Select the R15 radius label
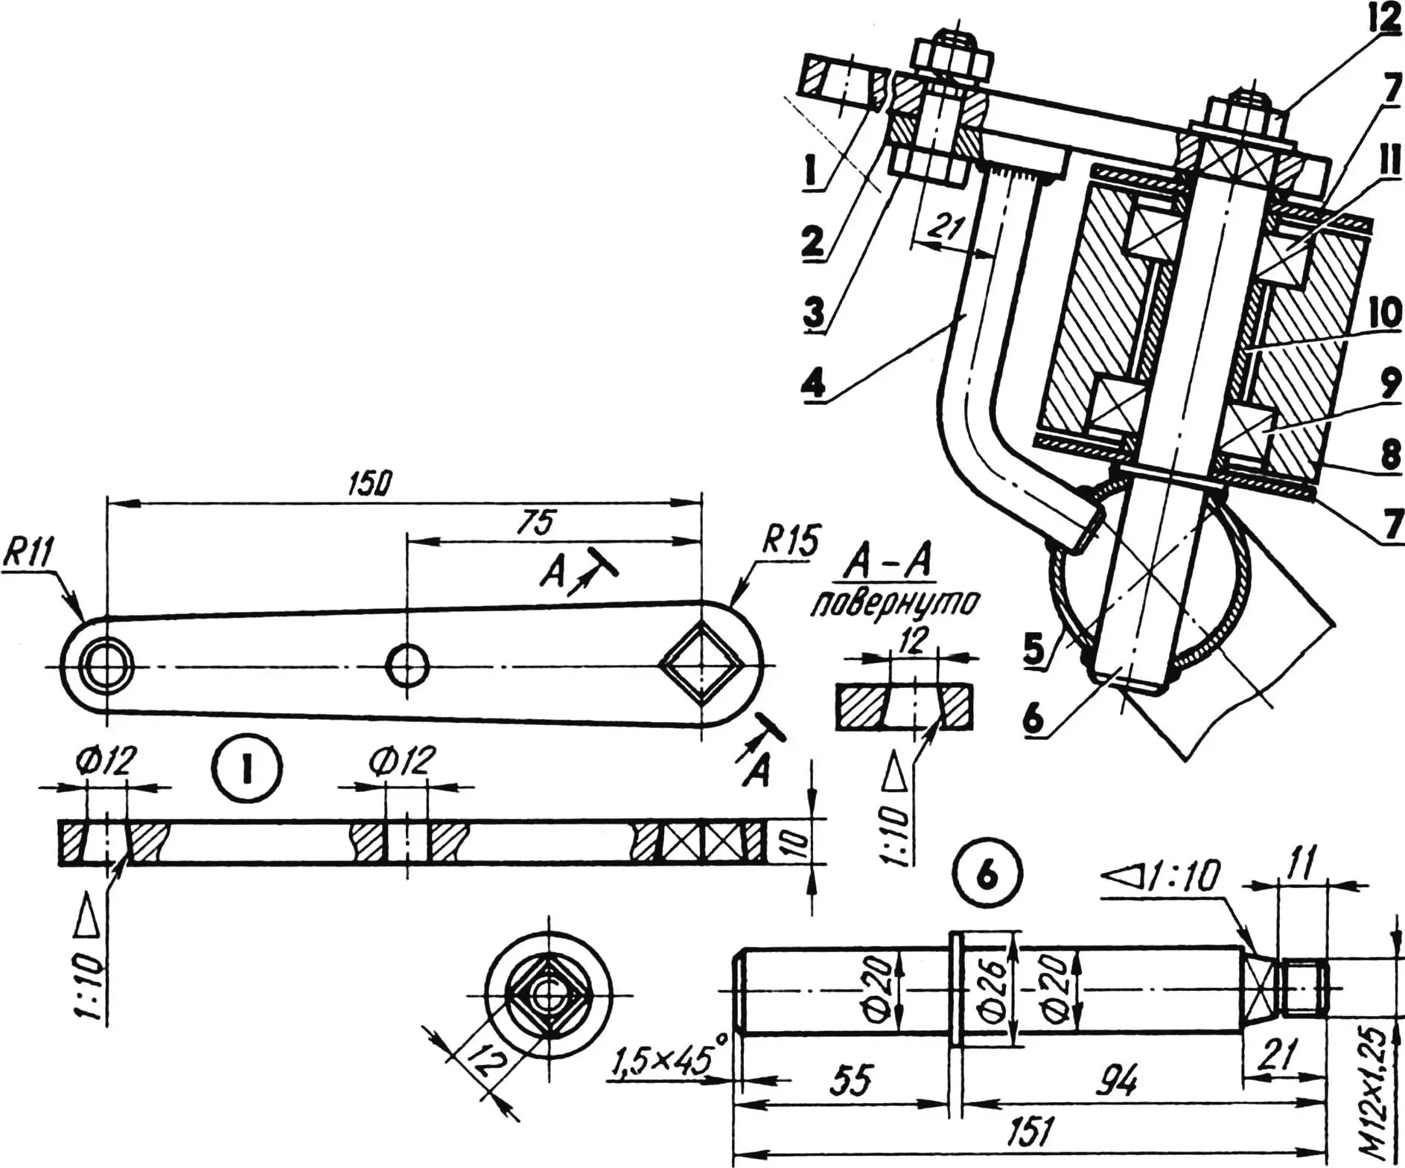click(x=789, y=541)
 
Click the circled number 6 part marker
click(x=986, y=876)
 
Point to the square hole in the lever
click(x=702, y=664)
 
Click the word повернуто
click(x=891, y=604)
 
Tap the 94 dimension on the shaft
click(x=1116, y=1080)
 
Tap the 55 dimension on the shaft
click(x=851, y=1080)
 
